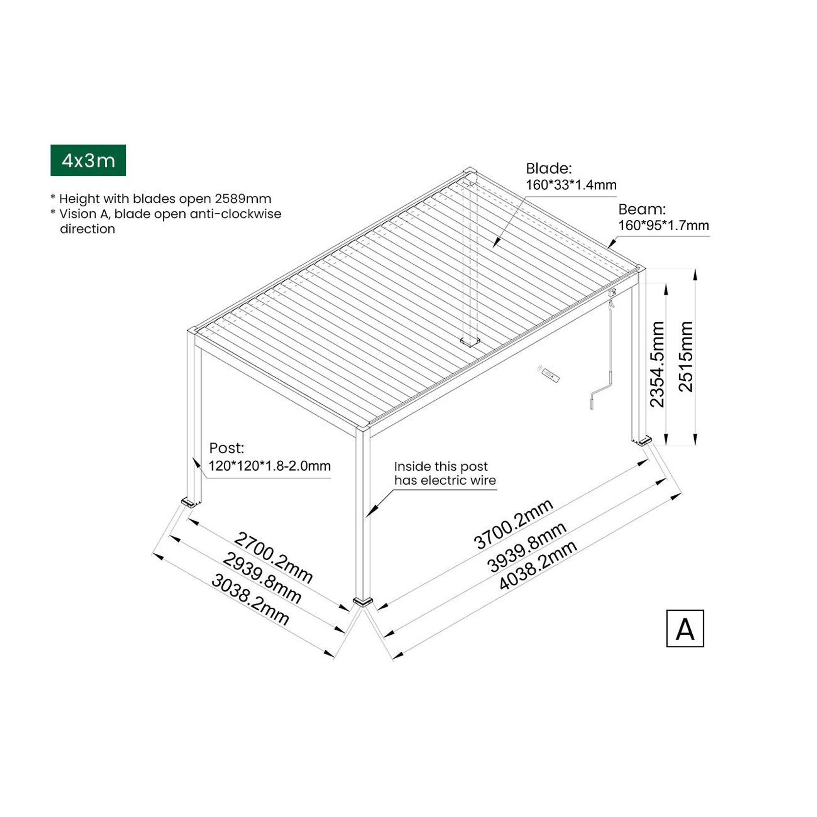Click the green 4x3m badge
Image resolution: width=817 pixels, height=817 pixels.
[88, 160]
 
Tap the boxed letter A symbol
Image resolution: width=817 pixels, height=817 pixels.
[684, 628]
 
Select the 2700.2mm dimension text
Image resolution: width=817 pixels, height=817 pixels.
[273, 557]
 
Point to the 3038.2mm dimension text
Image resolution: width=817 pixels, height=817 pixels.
[250, 600]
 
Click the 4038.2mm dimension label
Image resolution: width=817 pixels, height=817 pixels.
[538, 565]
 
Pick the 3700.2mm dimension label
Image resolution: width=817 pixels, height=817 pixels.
[513, 524]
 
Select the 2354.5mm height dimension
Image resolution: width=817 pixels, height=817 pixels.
[657, 364]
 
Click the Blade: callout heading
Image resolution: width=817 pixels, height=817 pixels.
[548, 169]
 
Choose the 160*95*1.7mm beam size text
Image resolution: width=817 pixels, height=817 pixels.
[663, 226]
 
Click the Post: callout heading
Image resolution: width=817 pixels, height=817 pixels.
[226, 448]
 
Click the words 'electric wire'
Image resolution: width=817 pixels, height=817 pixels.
[458, 481]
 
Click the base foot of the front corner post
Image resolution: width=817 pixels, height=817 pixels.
[363, 602]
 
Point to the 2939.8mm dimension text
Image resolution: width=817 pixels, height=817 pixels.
[262, 579]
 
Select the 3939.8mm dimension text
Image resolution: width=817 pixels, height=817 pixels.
[526, 547]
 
